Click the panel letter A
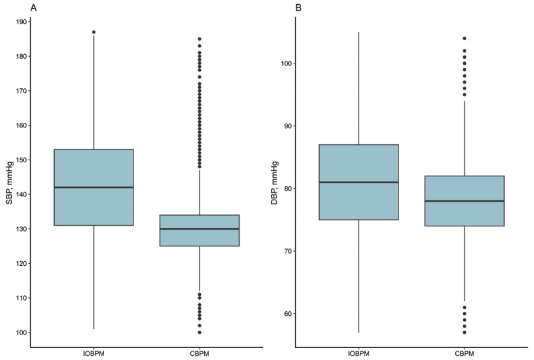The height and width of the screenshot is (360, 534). click(33, 7)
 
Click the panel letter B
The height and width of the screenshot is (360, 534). click(298, 7)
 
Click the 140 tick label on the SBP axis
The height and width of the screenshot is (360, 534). click(21, 194)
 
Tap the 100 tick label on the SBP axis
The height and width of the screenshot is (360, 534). click(21, 333)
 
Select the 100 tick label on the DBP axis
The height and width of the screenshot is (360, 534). click(286, 63)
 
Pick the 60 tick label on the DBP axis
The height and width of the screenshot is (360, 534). click(288, 314)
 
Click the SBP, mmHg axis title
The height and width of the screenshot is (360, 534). click(9, 183)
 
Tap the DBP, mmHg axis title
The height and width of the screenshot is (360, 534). click(274, 183)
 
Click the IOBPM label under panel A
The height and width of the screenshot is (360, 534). click(93, 353)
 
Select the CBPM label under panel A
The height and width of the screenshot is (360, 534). click(200, 353)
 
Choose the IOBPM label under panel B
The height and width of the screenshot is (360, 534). click(359, 353)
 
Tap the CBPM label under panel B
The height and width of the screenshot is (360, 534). click(465, 353)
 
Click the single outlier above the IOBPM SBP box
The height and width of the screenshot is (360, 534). click(94, 32)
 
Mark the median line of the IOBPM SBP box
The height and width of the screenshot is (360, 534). click(93, 188)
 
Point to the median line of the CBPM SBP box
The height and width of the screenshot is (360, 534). click(200, 228)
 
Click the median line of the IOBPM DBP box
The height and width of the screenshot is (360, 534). click(359, 182)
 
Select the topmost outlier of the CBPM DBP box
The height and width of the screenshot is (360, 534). click(465, 39)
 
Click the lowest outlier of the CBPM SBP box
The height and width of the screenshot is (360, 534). click(200, 333)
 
